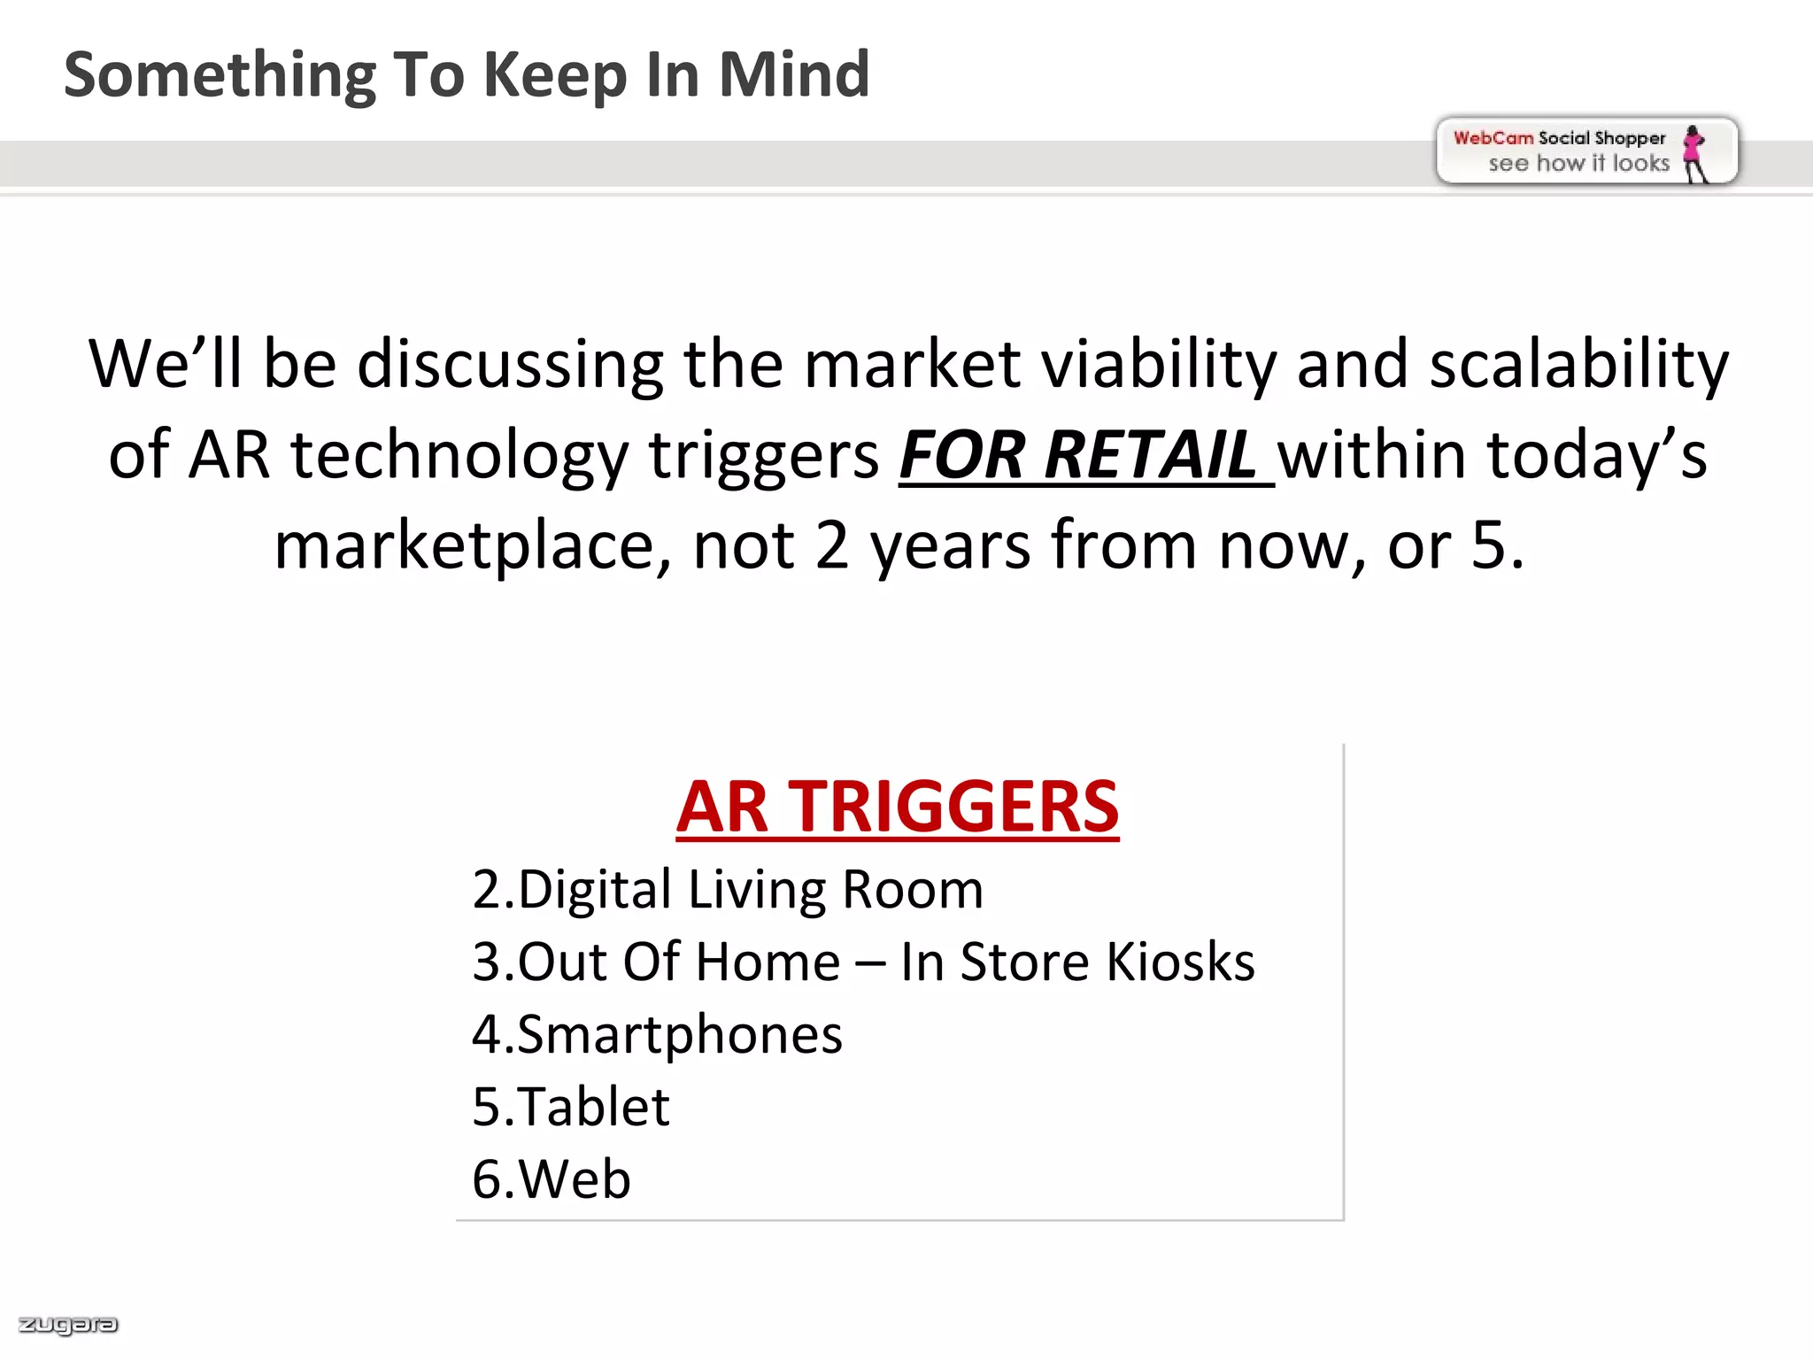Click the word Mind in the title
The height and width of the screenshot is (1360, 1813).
pyautogui.click(x=793, y=74)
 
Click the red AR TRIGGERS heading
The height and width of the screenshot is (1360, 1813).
pyautogui.click(x=897, y=807)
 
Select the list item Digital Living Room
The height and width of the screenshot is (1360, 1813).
pyautogui.click(x=728, y=890)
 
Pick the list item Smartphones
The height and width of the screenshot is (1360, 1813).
pyautogui.click(x=657, y=1035)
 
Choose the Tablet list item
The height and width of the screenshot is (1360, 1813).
pyautogui.click(x=571, y=1107)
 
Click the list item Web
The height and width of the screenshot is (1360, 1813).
pyautogui.click(x=552, y=1179)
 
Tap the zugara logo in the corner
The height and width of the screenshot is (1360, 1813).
pyautogui.click(x=68, y=1325)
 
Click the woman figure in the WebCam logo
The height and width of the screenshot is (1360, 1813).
pyautogui.click(x=1693, y=153)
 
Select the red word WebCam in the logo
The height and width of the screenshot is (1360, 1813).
pyautogui.click(x=1493, y=138)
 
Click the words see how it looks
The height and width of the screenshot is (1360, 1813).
pyautogui.click(x=1578, y=164)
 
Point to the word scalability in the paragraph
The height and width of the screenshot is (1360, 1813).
pyautogui.click(x=1578, y=365)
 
